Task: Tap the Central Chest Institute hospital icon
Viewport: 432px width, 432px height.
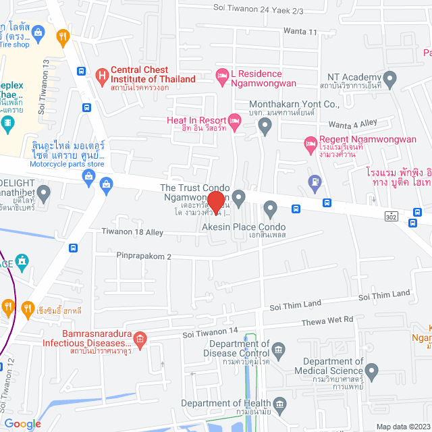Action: click(102, 75)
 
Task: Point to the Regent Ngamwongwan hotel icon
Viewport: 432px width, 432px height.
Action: click(310, 144)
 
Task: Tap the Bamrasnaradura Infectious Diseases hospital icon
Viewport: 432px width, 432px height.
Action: click(140, 337)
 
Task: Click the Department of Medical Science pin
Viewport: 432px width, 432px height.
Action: click(371, 370)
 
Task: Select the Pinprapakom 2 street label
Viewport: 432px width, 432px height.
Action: click(143, 256)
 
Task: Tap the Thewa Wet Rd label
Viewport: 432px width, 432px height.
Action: click(329, 320)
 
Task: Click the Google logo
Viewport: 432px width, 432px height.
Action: click(22, 423)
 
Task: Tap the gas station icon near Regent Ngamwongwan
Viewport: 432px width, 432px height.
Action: click(314, 181)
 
